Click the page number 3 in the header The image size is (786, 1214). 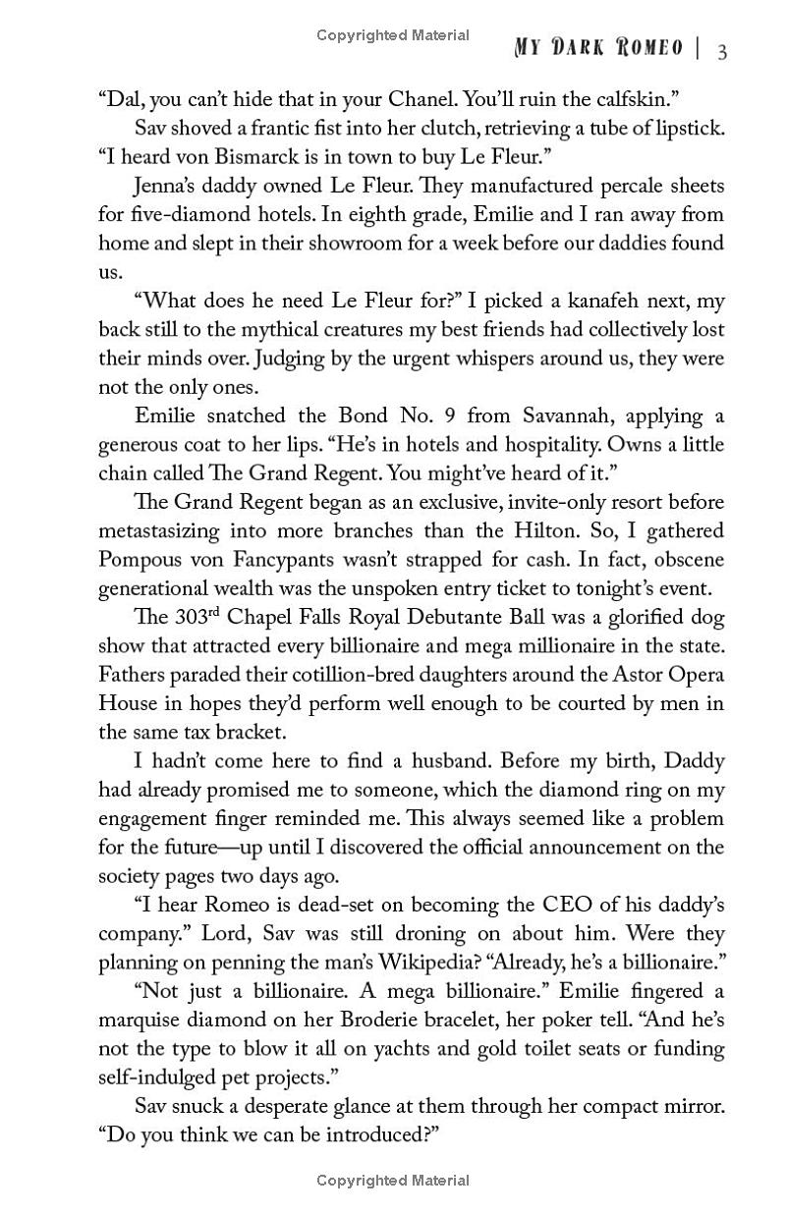pos(722,51)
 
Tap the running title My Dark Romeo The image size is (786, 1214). pos(591,49)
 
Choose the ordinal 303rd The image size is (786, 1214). pos(182,617)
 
